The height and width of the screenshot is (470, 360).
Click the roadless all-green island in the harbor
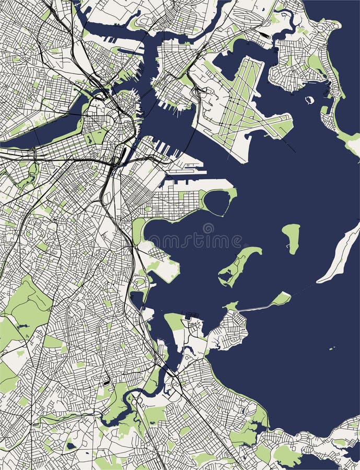click(291, 238)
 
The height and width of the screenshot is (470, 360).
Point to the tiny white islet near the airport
click(310, 100)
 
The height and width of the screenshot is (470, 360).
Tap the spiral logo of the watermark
click(208, 229)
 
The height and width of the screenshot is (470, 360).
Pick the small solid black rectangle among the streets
click(107, 383)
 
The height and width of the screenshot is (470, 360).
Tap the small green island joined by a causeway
click(281, 299)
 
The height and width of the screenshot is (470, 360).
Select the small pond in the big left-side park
click(22, 326)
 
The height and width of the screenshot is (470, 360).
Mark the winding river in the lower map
click(125, 402)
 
